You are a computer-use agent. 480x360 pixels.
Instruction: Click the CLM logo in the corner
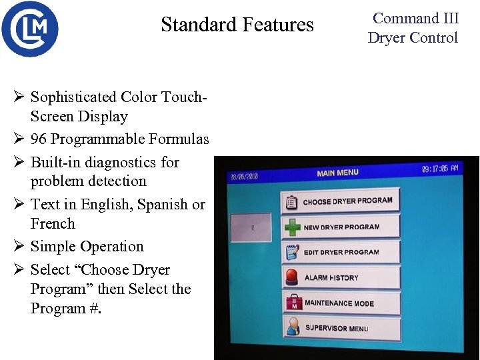tap(30, 29)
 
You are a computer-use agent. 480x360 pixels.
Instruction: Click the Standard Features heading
tap(237, 25)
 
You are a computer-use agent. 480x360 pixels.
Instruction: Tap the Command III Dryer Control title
tap(413, 28)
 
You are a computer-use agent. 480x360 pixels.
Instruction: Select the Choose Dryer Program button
tap(341, 201)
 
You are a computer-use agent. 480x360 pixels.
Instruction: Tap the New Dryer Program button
tap(341, 227)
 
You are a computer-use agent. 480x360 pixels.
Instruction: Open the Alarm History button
tap(341, 277)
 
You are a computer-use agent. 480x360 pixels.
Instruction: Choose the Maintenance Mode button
tap(341, 303)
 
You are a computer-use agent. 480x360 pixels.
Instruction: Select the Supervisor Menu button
tap(341, 328)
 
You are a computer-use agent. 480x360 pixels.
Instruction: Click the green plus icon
tap(291, 227)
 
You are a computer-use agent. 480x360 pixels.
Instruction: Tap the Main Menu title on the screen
tap(337, 173)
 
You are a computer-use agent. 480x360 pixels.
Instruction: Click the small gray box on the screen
tap(250, 228)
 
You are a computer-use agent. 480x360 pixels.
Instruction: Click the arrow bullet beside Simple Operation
tap(19, 247)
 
